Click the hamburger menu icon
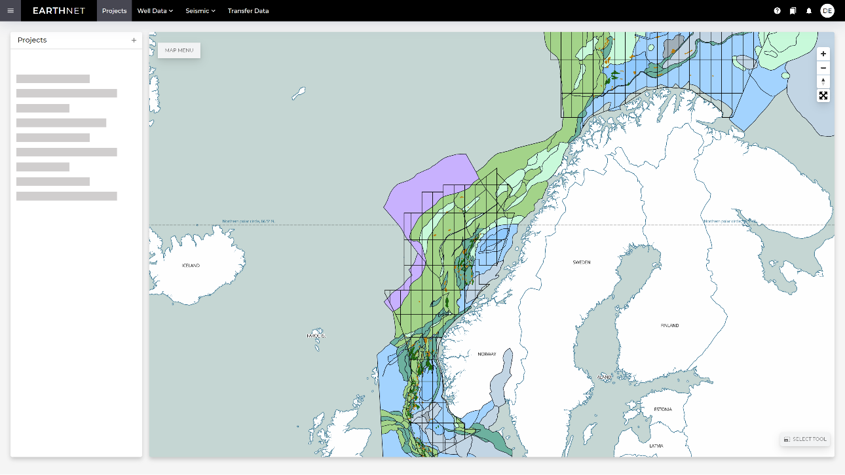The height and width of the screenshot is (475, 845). point(10,10)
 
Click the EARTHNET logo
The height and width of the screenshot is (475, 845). point(59,10)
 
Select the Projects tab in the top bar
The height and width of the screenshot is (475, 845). point(114,10)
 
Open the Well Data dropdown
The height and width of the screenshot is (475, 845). point(155,10)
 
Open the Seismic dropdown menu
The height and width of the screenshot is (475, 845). point(200,10)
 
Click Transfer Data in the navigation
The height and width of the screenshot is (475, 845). point(248,10)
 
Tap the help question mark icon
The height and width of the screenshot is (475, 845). point(778,10)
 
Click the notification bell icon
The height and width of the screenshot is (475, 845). point(809,10)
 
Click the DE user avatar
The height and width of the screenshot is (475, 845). point(827,10)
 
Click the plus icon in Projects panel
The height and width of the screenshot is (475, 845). point(134,40)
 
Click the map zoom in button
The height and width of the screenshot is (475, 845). point(823,54)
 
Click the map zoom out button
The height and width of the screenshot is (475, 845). point(823,68)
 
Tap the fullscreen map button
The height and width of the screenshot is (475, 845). point(823,96)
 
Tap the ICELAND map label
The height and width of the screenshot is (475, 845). point(191,266)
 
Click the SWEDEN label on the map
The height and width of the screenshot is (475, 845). point(582,262)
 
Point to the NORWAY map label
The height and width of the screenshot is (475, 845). point(487,354)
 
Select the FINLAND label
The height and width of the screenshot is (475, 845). point(669,325)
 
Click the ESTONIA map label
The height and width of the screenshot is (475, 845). point(663,410)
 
